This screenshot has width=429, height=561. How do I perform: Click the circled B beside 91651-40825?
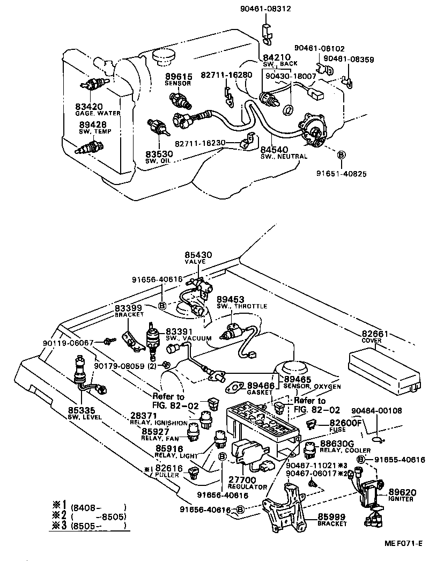tap(341, 154)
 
